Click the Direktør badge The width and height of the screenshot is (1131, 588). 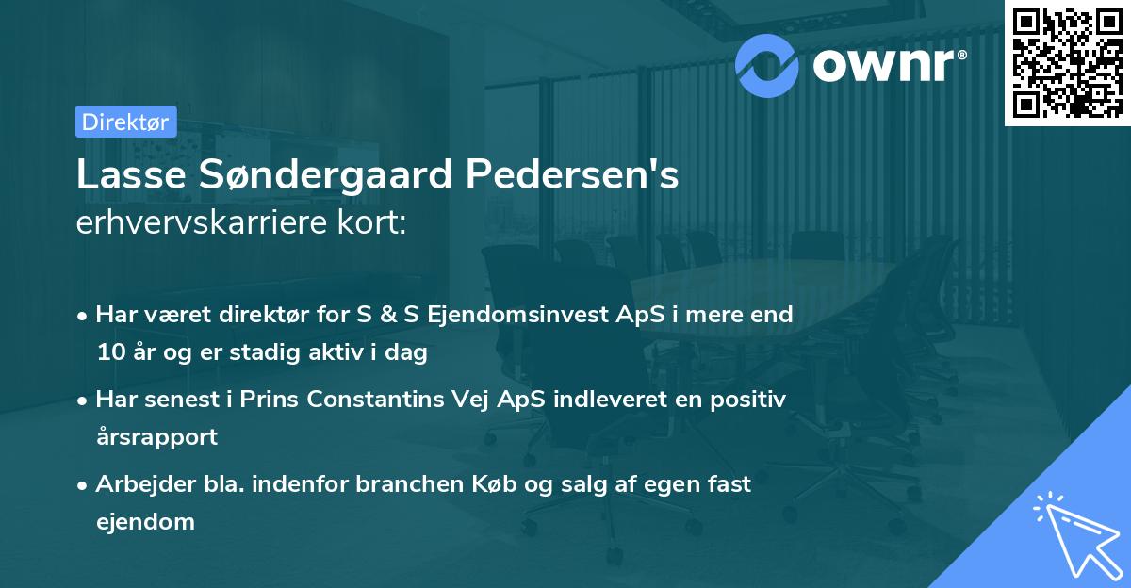point(125,122)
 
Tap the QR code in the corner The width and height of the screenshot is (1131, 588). point(1067,62)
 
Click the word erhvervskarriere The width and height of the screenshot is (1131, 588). point(213,224)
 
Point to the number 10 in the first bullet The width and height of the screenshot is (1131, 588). point(109,353)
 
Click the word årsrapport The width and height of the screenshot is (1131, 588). point(156,437)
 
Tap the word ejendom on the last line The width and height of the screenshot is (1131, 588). point(145,521)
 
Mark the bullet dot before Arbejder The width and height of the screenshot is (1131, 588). point(83,484)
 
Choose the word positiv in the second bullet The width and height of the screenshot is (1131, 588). point(748,399)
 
